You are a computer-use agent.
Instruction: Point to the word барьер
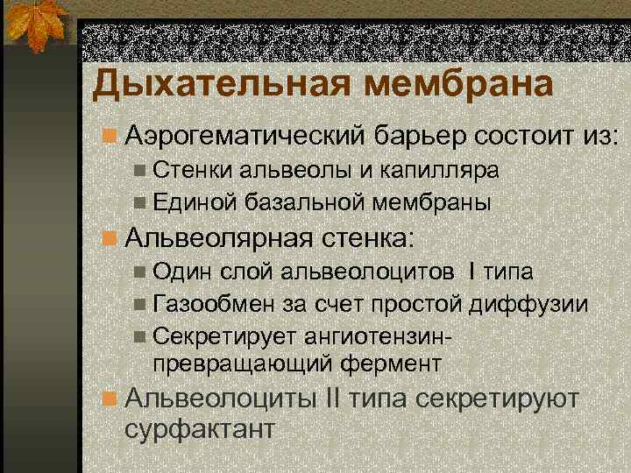420,137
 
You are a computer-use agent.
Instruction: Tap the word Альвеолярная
219,237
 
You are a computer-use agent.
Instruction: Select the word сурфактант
201,430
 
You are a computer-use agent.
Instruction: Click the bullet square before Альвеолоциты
110,399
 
